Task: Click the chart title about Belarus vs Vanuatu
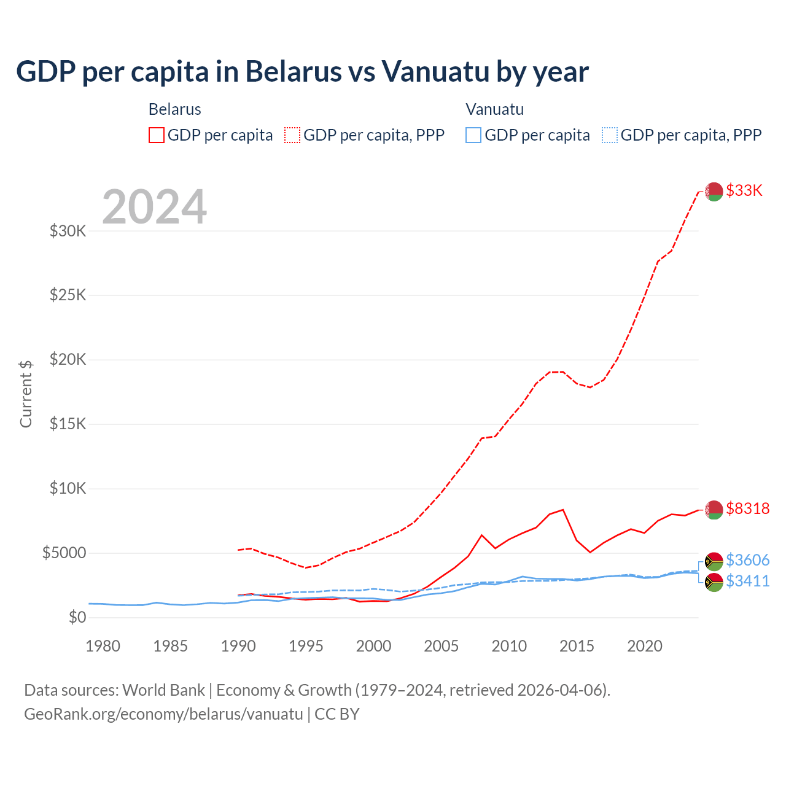302,71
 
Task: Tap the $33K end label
744,190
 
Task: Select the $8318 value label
747,508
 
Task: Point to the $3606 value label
747,560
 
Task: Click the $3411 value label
747,581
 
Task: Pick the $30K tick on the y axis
68,232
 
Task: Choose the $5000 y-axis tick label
64,553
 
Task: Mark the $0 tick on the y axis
77,617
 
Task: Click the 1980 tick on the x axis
103,646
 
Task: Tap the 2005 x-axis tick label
441,646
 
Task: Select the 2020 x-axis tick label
644,646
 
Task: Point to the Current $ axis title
26,394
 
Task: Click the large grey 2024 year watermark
154,207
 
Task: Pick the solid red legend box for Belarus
157,135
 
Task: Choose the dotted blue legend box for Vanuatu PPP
609,135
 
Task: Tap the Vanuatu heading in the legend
494,109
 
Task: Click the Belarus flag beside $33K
714,192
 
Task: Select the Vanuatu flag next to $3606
714,561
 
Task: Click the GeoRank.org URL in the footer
163,714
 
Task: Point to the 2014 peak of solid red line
562,510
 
